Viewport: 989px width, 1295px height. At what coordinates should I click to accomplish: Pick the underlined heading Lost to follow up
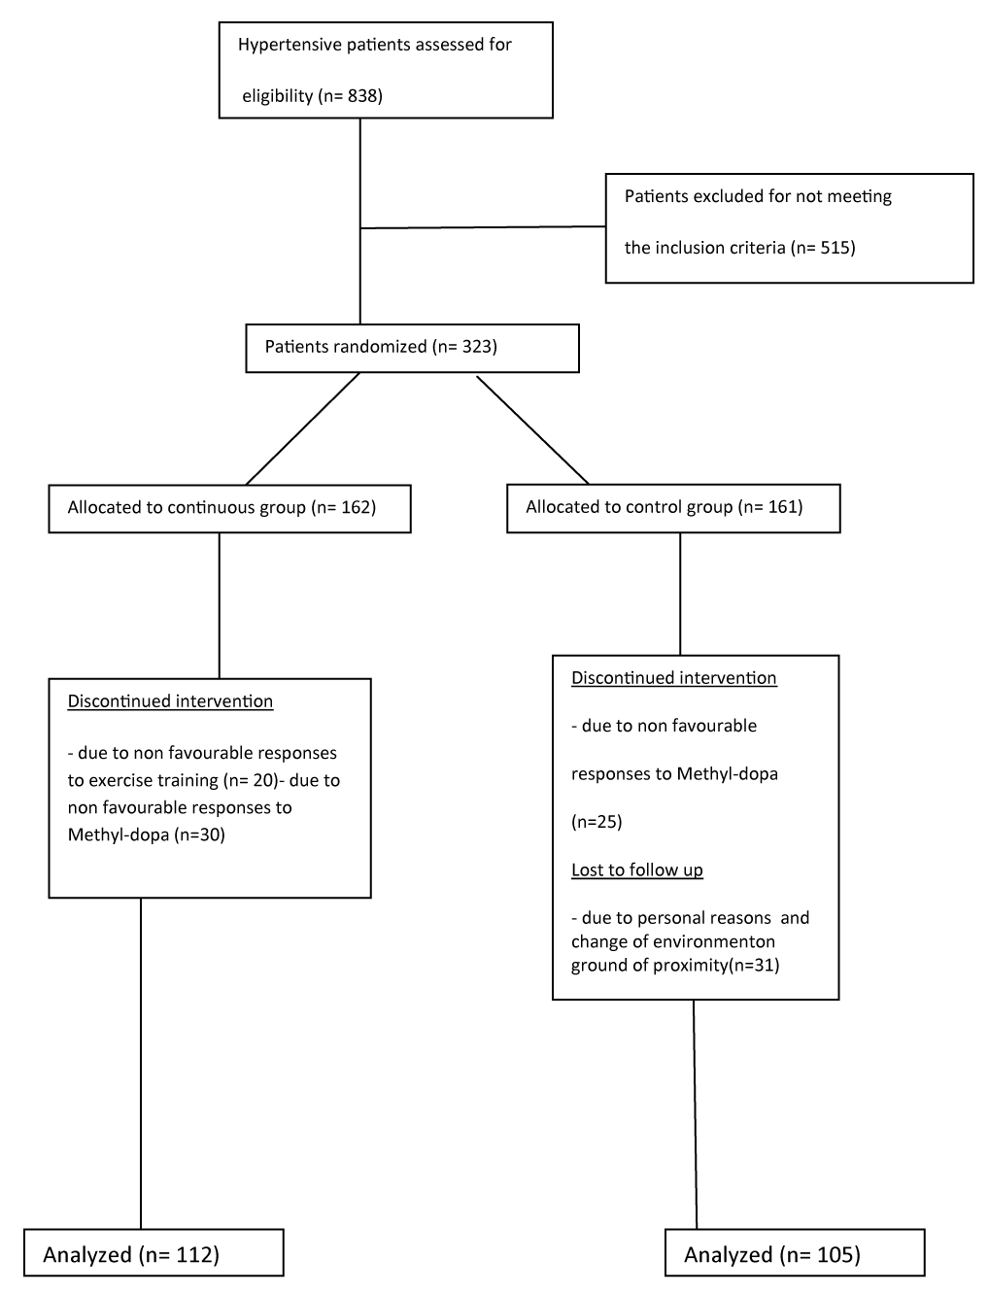(637, 870)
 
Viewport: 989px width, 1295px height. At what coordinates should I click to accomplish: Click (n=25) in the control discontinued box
(597, 822)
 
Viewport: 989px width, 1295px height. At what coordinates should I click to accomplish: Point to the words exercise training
(153, 780)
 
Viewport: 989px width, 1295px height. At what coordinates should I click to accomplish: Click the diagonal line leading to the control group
(532, 430)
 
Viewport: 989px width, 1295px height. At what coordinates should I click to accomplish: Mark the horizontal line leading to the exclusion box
(483, 227)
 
